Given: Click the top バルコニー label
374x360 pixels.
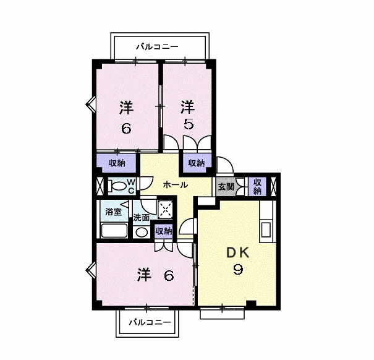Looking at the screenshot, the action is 157,46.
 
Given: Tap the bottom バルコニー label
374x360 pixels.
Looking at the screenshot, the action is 150,322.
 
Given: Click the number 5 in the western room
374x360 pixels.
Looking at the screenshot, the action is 189,124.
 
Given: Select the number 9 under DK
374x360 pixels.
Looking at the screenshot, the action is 238,270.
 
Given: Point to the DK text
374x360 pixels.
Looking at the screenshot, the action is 238,252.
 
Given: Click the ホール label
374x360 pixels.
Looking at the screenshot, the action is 176,184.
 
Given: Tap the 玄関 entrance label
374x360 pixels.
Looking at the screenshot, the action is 226,187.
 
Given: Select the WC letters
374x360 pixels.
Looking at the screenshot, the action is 132,186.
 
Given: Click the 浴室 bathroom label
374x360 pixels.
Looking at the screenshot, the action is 113,212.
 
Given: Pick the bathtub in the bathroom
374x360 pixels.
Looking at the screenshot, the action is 114,231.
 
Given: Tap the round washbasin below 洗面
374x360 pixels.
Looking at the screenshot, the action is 142,233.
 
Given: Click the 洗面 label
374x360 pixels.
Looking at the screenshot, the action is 141,218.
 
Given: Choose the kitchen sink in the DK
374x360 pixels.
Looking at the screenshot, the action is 266,229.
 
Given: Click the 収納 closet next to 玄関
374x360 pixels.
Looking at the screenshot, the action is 258,186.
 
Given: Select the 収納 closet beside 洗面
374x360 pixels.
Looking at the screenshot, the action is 163,231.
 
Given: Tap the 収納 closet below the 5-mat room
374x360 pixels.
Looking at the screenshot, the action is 197,163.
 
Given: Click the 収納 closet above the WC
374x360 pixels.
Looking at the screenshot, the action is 117,163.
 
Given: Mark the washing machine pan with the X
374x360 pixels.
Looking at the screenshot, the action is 165,209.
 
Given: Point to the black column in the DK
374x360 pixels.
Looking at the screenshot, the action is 251,303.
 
